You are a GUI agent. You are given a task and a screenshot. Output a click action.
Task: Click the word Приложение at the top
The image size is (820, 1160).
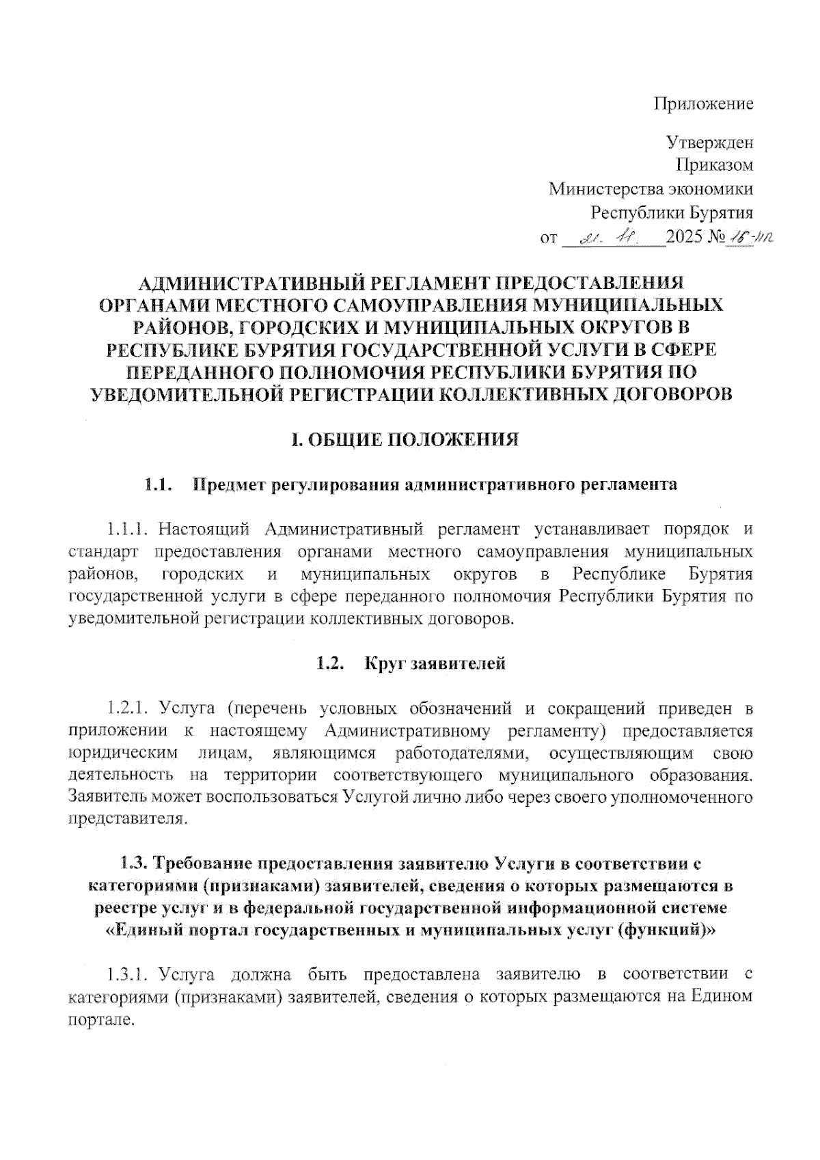pyautogui.click(x=704, y=104)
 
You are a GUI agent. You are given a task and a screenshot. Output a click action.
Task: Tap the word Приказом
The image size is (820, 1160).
pyautogui.click(x=715, y=165)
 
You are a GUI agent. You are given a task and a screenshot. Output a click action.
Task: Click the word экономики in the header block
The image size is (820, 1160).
pyautogui.click(x=711, y=188)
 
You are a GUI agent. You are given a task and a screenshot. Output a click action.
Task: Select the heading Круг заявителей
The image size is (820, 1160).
pyautogui.click(x=435, y=663)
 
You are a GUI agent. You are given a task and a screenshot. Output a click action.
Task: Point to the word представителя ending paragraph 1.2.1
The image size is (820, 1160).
pyautogui.click(x=127, y=819)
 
